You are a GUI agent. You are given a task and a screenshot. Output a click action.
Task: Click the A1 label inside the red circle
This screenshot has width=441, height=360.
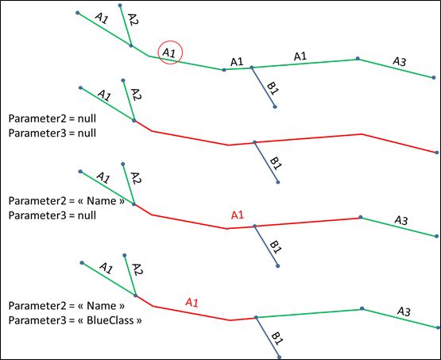point(169,52)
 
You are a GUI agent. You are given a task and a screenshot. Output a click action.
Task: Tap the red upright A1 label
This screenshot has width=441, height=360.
point(237,215)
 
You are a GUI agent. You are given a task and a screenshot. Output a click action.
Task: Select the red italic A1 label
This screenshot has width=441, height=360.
point(192,302)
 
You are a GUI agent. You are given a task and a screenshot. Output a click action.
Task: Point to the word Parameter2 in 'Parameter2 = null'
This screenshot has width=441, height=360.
point(37,118)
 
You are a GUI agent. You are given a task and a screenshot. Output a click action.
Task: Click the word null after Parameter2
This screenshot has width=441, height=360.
point(87,118)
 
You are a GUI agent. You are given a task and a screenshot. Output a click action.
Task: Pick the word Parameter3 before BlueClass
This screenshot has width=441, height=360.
point(37,320)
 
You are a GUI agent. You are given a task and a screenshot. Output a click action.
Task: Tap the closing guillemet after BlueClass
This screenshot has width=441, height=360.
point(139,321)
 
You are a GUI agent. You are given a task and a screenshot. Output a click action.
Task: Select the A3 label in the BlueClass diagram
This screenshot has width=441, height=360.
point(404,312)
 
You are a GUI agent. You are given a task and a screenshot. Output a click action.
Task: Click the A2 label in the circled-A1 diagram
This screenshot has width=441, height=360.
point(133,20)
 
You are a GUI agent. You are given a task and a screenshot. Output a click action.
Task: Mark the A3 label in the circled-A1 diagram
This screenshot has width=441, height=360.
point(400,61)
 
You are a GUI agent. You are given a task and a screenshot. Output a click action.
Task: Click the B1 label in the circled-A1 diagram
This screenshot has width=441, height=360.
point(273,87)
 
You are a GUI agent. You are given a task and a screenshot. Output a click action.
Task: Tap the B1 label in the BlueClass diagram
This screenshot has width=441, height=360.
point(277,339)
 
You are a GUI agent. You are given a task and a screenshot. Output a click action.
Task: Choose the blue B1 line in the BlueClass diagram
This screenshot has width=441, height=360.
point(268,337)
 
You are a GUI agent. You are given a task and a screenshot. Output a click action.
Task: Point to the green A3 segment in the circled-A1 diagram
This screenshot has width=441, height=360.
point(396,68)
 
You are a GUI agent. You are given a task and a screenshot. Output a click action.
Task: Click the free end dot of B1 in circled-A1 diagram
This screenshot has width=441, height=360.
point(275,106)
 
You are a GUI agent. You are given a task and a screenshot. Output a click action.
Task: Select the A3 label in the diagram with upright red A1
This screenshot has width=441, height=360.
point(401,220)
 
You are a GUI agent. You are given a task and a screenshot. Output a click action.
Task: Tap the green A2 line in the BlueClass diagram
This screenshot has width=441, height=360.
point(130,276)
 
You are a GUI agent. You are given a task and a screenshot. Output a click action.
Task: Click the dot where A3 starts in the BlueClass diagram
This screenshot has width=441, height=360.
point(362,308)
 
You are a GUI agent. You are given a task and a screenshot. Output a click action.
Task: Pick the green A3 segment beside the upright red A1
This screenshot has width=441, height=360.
point(399,226)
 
